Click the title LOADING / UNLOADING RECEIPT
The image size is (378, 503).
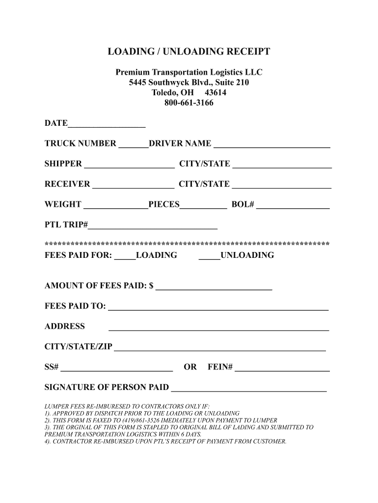tap(189, 52)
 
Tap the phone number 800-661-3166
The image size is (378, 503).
tap(189, 103)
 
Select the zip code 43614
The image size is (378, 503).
tap(216, 93)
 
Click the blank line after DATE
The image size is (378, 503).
tap(107, 125)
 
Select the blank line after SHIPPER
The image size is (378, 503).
tap(129, 166)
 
